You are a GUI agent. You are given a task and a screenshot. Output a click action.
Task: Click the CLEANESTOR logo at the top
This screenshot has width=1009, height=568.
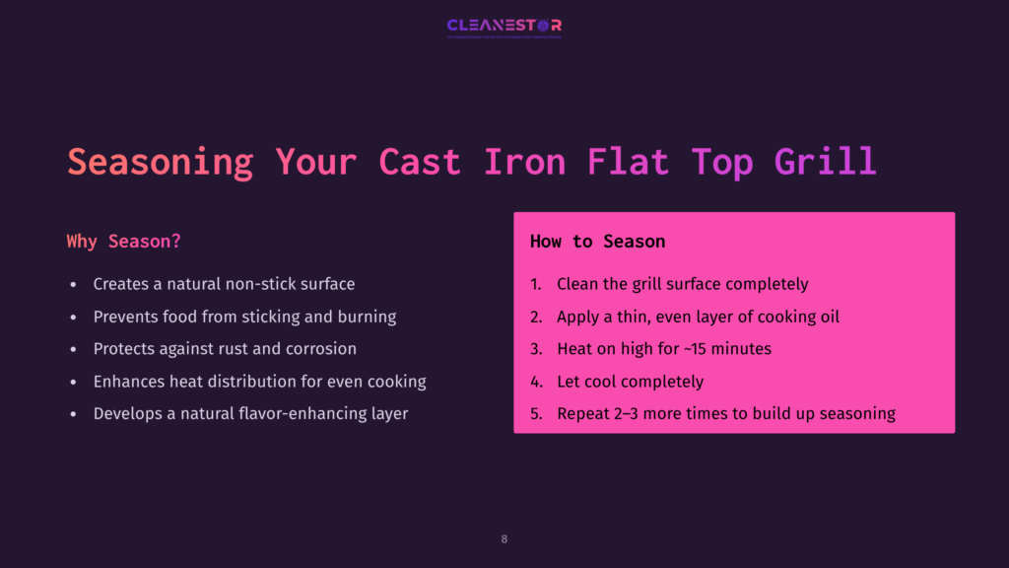coord(504,26)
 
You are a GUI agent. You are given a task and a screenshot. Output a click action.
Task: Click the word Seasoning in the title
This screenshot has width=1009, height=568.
coord(160,161)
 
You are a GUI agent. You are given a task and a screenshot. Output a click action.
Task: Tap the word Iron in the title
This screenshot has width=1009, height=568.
coord(524,161)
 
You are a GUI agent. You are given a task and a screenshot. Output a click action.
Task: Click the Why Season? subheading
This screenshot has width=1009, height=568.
coord(123,242)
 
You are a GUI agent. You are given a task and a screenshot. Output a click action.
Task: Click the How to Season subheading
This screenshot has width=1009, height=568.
coord(597,242)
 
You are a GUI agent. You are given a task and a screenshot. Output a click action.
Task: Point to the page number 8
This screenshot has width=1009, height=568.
coord(504,539)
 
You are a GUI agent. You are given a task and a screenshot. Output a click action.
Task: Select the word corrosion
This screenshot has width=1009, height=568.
coord(320,349)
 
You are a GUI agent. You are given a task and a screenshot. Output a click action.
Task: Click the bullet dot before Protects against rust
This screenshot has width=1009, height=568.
coord(73,350)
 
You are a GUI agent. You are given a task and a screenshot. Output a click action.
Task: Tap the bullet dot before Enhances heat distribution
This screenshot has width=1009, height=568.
coord(73,383)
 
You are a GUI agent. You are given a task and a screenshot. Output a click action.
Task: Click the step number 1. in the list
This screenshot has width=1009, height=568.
coord(536,284)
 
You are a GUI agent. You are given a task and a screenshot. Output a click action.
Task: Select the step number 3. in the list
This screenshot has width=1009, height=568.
coord(536,349)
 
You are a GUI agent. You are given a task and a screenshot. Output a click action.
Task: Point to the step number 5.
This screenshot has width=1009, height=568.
coord(536,414)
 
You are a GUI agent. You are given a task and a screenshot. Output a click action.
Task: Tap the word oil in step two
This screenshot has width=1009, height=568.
coord(827,317)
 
